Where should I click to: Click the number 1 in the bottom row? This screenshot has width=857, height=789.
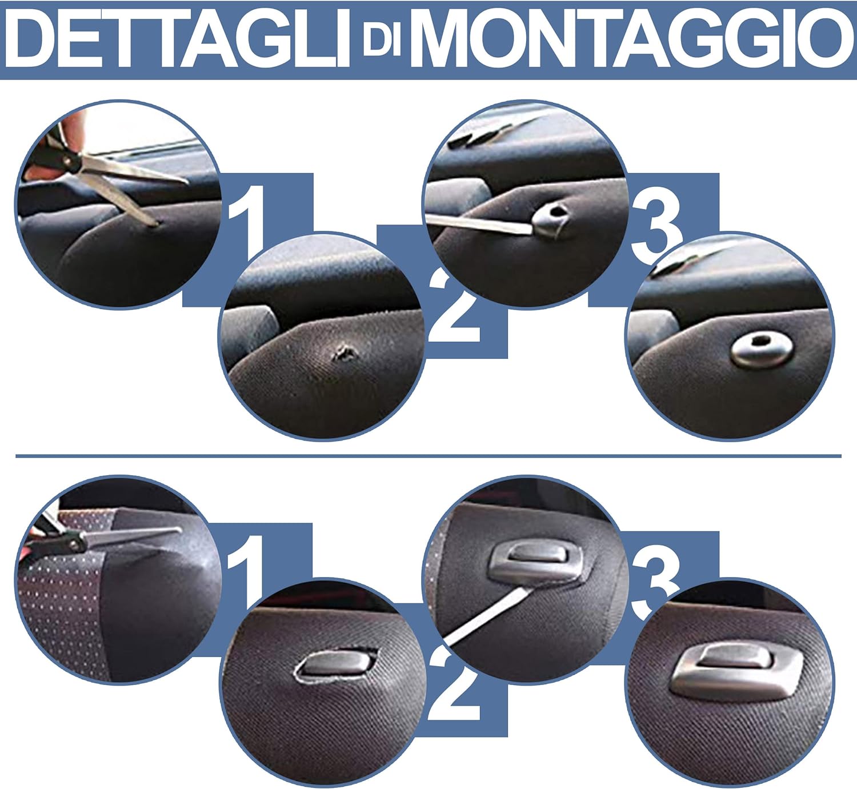247,571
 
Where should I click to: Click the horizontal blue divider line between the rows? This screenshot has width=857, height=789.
428,456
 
